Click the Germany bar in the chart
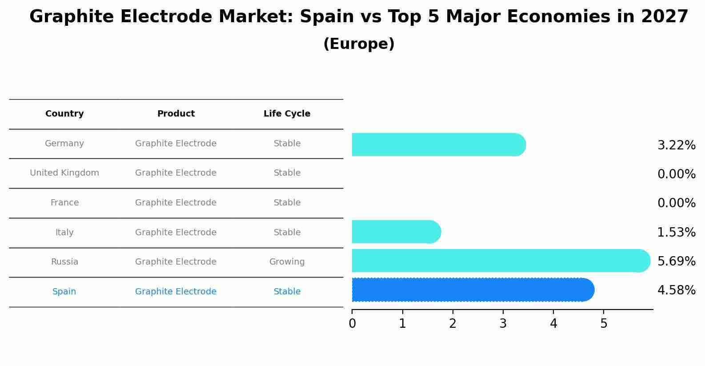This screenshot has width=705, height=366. point(438,145)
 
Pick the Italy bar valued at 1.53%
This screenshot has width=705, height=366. point(396,232)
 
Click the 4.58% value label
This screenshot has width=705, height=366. point(676,290)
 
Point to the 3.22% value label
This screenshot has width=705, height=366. point(676,145)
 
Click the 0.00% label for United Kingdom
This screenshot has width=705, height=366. point(676,174)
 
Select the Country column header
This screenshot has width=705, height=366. point(64,114)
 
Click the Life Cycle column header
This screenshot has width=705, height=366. point(287,114)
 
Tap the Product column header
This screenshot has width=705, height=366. point(176,114)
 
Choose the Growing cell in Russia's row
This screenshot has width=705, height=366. point(287,262)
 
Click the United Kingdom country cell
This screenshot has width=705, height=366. point(64,173)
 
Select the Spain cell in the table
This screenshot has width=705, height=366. point(64,292)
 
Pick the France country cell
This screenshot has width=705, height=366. point(64,203)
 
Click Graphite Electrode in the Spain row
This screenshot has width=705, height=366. point(176,292)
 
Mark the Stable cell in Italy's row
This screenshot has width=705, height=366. point(287,233)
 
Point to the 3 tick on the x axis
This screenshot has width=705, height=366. point(503,324)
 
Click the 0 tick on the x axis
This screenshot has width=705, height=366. point(352,324)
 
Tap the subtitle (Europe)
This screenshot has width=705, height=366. point(359,44)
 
